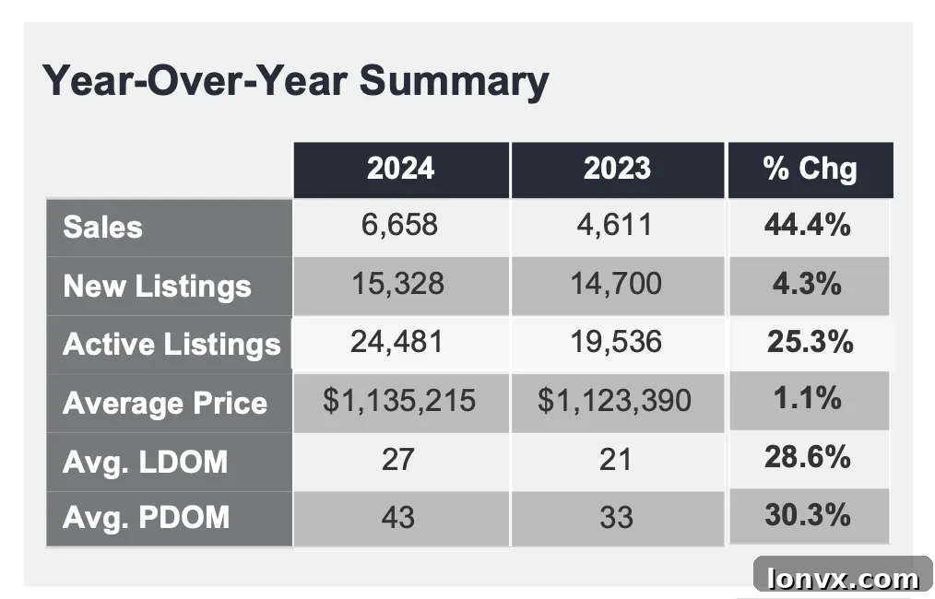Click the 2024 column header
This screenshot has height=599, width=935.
click(400, 168)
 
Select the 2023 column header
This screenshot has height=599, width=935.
click(617, 168)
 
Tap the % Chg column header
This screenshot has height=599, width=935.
click(810, 168)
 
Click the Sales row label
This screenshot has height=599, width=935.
click(102, 227)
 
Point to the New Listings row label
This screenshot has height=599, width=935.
click(157, 286)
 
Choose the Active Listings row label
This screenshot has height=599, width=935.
click(172, 345)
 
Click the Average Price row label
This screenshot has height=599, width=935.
click(165, 403)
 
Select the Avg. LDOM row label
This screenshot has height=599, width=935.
click(145, 462)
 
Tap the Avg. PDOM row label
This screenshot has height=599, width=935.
click(146, 517)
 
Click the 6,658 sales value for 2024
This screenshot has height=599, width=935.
click(399, 225)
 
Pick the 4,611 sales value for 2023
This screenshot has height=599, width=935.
click(614, 225)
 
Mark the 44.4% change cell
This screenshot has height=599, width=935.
click(808, 225)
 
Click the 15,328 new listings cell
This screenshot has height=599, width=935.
click(397, 284)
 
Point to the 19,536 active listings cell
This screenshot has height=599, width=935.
click(616, 342)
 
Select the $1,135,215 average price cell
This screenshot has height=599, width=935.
click(399, 400)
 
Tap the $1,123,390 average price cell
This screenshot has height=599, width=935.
click(614, 400)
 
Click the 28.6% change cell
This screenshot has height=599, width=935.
click(808, 457)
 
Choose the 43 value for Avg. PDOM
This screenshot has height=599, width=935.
click(397, 517)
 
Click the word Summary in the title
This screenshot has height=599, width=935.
click(454, 82)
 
